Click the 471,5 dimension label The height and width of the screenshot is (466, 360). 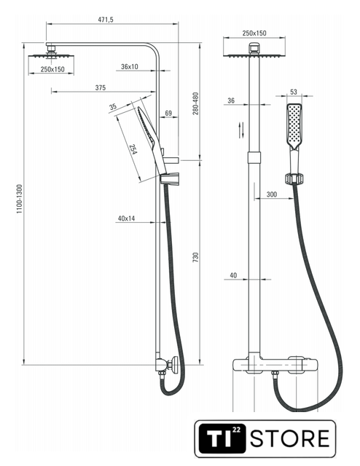tap(106, 20)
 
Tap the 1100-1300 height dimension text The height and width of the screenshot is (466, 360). tap(20, 199)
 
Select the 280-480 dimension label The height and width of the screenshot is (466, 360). tap(195, 103)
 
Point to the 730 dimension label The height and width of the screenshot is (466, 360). tap(195, 257)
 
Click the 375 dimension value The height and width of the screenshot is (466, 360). tap(101, 87)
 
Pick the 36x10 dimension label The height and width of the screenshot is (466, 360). tap(130, 66)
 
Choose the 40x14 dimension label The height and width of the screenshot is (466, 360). tap(126, 218)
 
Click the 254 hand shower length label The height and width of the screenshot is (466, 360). tap(133, 149)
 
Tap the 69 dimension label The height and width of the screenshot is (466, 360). tap(168, 113)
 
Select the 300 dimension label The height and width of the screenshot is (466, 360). tap(272, 194)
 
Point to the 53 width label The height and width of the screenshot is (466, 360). tap(294, 92)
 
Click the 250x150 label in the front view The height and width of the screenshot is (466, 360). tap(254, 33)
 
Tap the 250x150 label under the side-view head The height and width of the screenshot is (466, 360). tap(52, 69)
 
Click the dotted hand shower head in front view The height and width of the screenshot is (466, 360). tap(294, 126)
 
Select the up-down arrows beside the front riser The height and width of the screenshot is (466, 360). tap(242, 130)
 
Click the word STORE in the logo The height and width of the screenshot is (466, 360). tap(290, 438)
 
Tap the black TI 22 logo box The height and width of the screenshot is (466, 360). tap(222, 438)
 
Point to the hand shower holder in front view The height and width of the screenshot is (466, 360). tap(294, 179)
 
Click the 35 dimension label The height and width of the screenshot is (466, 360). tap(113, 107)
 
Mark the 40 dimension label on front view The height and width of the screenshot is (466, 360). tap(233, 275)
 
